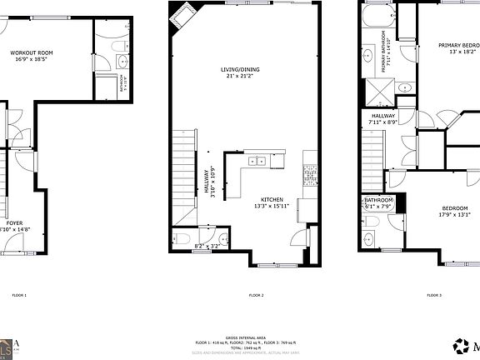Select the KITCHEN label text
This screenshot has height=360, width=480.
click(x=272, y=200)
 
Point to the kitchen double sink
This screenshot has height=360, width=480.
click(x=256, y=161)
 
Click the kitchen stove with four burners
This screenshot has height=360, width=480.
click(x=310, y=173)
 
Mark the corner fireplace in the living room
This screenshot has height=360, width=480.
click(x=181, y=14)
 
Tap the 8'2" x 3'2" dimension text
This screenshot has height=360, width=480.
click(x=205, y=247)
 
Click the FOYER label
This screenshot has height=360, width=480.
click(x=15, y=223)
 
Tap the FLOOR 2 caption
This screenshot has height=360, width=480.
click(x=256, y=296)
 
